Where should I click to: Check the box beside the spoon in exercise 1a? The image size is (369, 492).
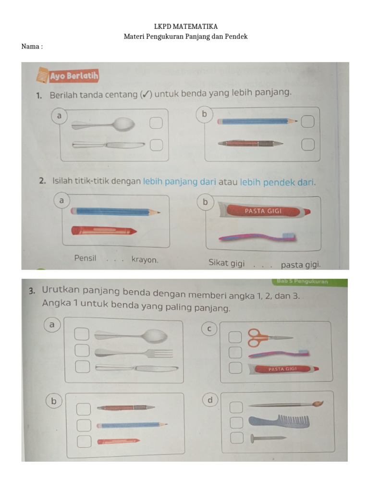(155, 123)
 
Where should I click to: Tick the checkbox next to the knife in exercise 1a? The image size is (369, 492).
(155, 144)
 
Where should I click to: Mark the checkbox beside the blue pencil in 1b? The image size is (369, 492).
(307, 122)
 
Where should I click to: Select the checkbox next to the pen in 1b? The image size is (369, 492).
(307, 144)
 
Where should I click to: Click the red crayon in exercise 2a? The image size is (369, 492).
(103, 231)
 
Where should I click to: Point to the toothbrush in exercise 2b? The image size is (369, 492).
(258, 237)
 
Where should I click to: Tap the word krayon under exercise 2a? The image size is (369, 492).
(144, 259)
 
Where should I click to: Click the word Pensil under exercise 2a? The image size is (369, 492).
(85, 258)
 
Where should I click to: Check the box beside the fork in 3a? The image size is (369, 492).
(82, 351)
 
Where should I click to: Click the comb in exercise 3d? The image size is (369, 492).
(279, 421)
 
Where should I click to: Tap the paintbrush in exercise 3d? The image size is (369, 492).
(285, 405)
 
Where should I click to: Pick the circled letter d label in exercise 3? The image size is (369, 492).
(210, 400)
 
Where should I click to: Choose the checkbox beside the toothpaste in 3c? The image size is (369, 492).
(235, 368)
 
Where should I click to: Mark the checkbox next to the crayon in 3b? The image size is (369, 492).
(84, 441)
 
